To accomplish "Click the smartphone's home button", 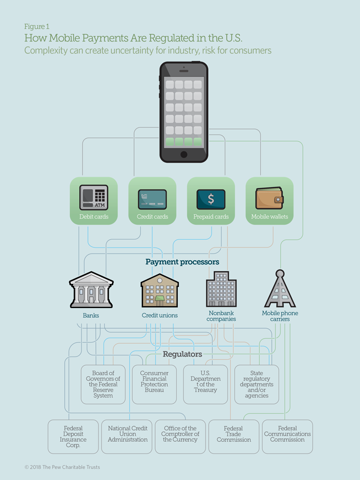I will [x=184, y=154].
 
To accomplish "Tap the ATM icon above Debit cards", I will [x=94, y=197].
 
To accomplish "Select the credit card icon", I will [x=152, y=199].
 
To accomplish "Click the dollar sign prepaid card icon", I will [x=211, y=199].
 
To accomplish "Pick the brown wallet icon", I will [x=269, y=198].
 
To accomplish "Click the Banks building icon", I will [x=91, y=290].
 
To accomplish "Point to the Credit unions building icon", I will [x=160, y=290].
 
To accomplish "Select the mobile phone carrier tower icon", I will [x=280, y=288].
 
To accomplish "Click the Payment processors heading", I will [x=182, y=261].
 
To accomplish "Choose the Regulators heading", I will [x=182, y=354].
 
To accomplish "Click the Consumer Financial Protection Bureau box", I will [x=155, y=382].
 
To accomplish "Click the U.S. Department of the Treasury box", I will [x=205, y=382].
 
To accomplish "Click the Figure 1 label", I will [x=37, y=26].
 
